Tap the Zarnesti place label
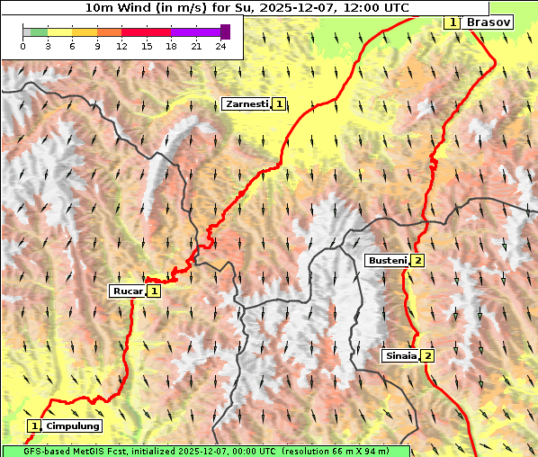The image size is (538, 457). tap(247, 104)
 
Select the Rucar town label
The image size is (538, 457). tap(127, 291)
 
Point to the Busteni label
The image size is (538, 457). tap(387, 260)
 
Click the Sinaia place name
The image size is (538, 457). tap(400, 355)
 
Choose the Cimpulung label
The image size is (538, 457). tap(73, 426)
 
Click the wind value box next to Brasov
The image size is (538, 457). tap(453, 22)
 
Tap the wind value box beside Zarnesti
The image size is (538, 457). tap(280, 104)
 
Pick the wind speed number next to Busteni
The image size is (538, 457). tap(418, 260)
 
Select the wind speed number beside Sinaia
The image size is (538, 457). tap(428, 355)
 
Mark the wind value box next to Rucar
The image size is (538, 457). tap(154, 291)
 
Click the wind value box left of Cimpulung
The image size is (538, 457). tap(35, 426)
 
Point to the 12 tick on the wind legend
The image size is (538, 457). tap(121, 46)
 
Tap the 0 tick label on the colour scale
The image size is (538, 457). tap(22, 46)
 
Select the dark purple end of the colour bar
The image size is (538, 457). tap(225, 31)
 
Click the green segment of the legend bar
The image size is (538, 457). tap(38, 31)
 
